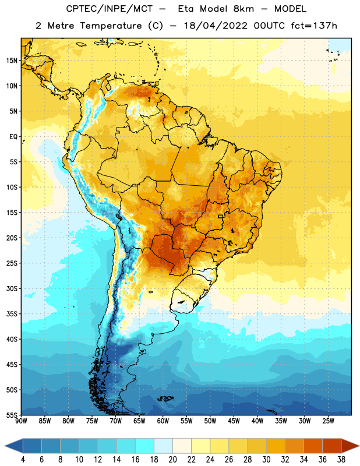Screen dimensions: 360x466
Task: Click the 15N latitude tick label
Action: [12, 61]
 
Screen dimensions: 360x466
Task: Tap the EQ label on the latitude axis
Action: [13, 137]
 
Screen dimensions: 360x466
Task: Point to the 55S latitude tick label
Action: [12, 415]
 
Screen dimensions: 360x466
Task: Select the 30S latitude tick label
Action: [12, 288]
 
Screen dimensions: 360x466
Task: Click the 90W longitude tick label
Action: [22, 421]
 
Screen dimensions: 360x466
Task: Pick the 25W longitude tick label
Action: [328, 421]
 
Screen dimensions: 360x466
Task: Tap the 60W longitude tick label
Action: [163, 421]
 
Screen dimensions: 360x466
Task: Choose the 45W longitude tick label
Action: [234, 421]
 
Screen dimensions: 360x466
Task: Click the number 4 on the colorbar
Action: [23, 460]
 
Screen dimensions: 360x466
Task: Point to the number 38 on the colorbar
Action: [341, 460]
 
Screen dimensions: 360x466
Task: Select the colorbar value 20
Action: [172, 460]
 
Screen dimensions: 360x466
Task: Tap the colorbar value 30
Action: [266, 460]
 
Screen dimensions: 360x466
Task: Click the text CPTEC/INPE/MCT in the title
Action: [109, 9]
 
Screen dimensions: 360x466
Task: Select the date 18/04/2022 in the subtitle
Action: [216, 26]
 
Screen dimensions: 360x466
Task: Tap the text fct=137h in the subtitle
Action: [314, 26]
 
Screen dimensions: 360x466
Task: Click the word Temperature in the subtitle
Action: [111, 26]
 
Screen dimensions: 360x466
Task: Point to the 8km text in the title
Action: [243, 9]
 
